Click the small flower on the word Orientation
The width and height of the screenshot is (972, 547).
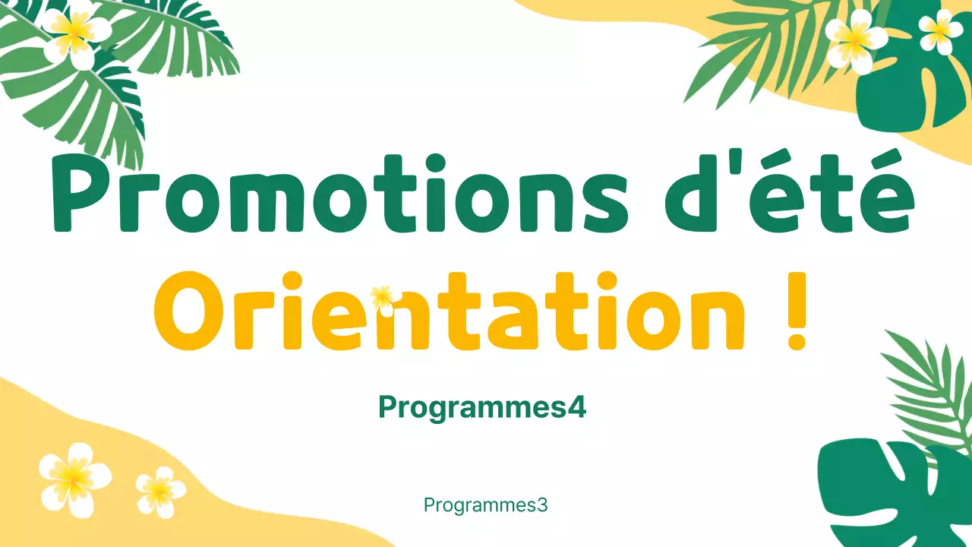coord(383,296)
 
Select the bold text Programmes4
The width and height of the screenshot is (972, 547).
coord(482,408)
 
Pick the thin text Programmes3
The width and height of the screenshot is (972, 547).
coord(485,505)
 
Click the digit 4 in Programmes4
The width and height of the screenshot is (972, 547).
coord(578,408)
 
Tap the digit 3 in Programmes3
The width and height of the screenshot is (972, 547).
coord(542,505)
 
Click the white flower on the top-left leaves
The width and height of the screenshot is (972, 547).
coord(74,33)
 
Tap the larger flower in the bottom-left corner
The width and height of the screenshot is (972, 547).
coord(74,478)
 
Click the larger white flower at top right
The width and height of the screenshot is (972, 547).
coord(856,39)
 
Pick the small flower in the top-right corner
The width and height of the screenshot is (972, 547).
coord(940,30)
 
